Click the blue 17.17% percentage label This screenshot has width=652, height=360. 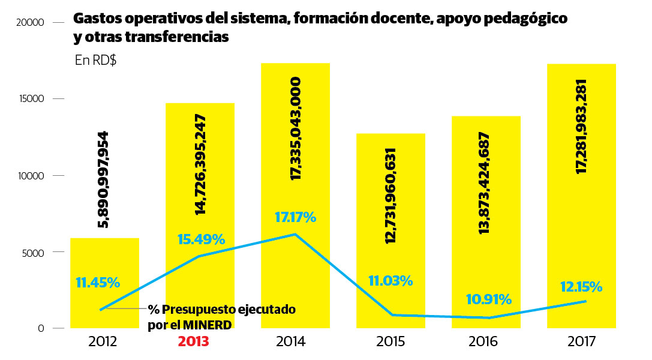tap(295, 217)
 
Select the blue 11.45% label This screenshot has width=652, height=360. tap(98, 282)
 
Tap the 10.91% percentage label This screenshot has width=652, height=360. tap(488, 299)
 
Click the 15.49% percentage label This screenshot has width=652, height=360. tap(201, 239)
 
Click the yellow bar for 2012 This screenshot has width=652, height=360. tap(105, 258)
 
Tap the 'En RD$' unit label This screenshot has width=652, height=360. tap(96, 61)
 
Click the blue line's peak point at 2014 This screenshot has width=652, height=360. tap(295, 234)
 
